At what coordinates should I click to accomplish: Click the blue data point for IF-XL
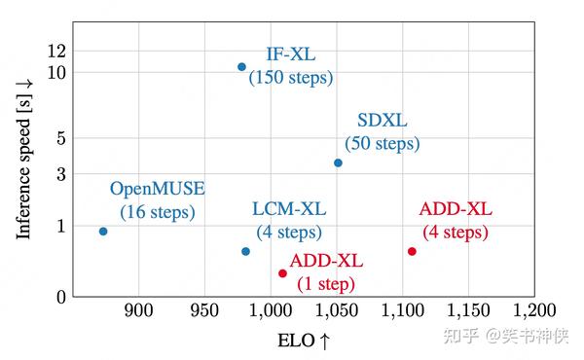click(x=242, y=67)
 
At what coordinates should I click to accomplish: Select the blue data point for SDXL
click(x=338, y=162)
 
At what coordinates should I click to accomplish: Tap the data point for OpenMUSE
click(x=103, y=232)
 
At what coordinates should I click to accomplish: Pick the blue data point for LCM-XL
click(x=245, y=251)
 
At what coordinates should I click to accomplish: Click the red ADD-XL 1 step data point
click(x=282, y=273)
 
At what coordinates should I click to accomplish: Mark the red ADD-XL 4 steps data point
click(x=412, y=251)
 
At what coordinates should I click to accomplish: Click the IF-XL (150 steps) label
click(x=290, y=65)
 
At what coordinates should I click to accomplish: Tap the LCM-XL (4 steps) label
click(x=289, y=221)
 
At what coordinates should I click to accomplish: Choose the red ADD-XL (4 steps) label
click(x=456, y=221)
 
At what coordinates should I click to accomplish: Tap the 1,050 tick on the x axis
click(x=336, y=310)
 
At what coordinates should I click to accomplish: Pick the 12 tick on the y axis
click(x=55, y=51)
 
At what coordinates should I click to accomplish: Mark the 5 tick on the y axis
click(x=60, y=138)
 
